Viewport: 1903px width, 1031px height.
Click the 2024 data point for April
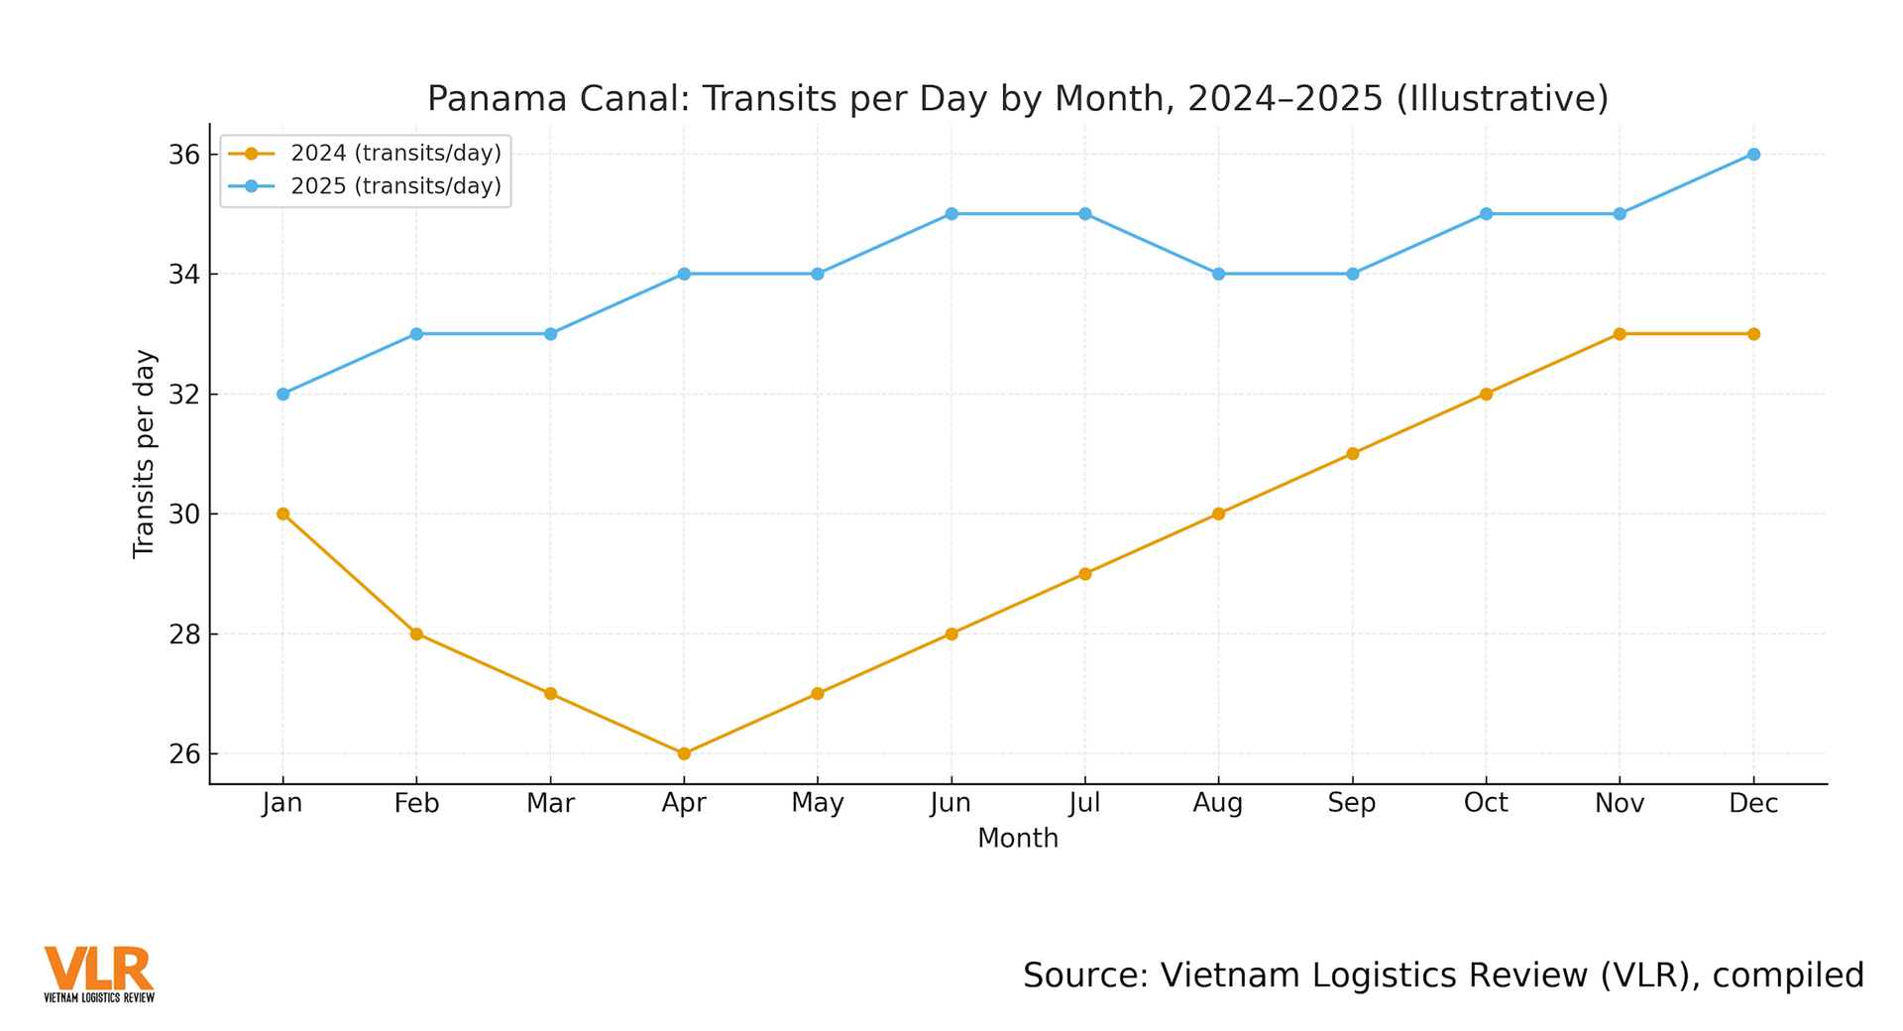[x=684, y=753]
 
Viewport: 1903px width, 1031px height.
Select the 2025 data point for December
[x=1753, y=154]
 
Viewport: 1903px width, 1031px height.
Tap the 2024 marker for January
[x=282, y=514]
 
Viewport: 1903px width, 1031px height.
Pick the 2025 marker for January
[x=282, y=394]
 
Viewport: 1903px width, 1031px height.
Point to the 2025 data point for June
[x=951, y=214]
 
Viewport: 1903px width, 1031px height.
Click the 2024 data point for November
[x=1620, y=334]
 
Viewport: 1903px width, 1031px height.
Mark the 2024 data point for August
[x=1219, y=514]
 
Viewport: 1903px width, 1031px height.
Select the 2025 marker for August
[x=1219, y=274]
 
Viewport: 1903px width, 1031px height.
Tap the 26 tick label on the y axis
[x=184, y=754]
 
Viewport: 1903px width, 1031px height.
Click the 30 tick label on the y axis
[x=184, y=515]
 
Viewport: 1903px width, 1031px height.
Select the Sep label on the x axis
[x=1352, y=804]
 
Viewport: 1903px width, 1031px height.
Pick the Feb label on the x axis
[x=416, y=804]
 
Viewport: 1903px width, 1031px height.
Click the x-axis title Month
[x=1018, y=839]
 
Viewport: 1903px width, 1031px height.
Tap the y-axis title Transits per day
[x=145, y=454]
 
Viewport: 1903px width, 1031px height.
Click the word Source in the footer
[x=1084, y=975]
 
